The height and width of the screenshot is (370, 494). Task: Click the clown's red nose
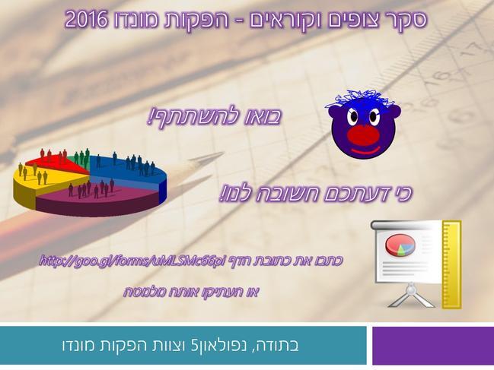(x=363, y=134)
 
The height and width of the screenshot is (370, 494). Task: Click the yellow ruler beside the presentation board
(x=452, y=264)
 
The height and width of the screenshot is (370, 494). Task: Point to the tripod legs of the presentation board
(x=411, y=298)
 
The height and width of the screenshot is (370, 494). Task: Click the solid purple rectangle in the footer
(x=433, y=346)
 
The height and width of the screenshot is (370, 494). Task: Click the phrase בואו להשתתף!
(x=215, y=117)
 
